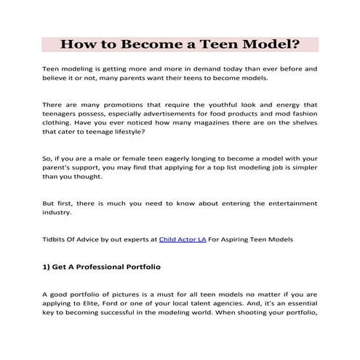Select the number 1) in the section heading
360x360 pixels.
point(49,267)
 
